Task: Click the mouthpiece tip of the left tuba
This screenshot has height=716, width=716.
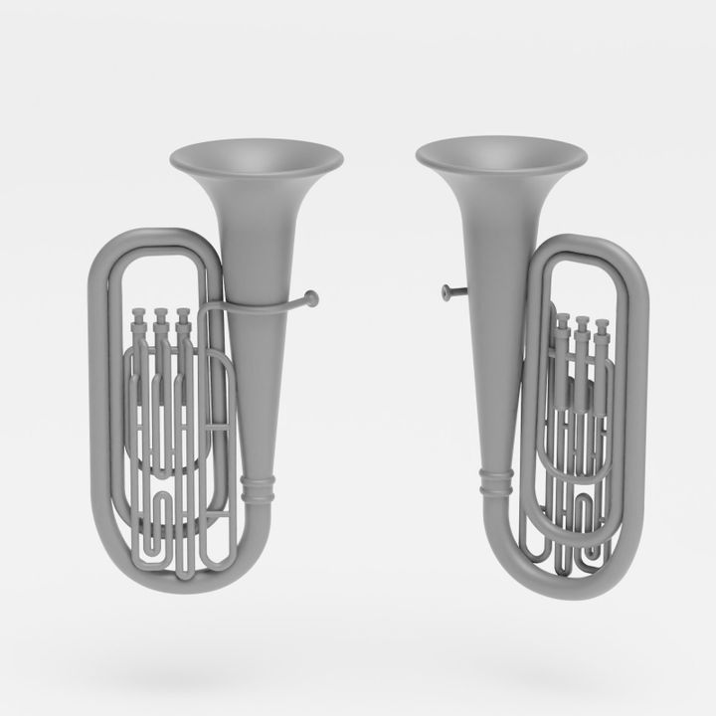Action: click(313, 295)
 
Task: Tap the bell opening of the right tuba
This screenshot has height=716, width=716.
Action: click(500, 154)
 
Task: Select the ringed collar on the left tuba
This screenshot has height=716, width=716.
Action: click(257, 488)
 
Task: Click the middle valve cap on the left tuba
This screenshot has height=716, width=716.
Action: click(159, 317)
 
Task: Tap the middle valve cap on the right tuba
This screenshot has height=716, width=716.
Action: click(579, 322)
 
